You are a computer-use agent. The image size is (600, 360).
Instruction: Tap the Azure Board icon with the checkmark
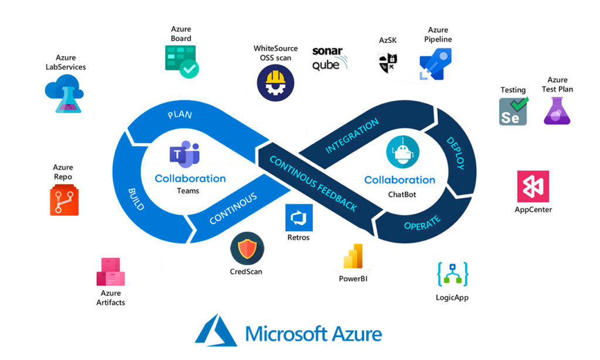[181, 61]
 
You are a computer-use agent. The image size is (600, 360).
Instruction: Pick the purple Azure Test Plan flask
[557, 111]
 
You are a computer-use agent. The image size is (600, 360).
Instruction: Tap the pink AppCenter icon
[533, 186]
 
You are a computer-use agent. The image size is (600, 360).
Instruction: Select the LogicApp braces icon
[453, 274]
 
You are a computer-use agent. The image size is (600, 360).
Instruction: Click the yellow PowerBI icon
[353, 256]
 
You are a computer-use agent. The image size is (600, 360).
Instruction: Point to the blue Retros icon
[299, 218]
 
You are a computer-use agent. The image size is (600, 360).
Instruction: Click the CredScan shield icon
[247, 249]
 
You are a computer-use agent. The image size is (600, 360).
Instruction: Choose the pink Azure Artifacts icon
[111, 271]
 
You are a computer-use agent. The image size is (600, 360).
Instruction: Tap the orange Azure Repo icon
[64, 199]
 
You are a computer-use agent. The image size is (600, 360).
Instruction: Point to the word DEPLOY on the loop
[455, 153]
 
